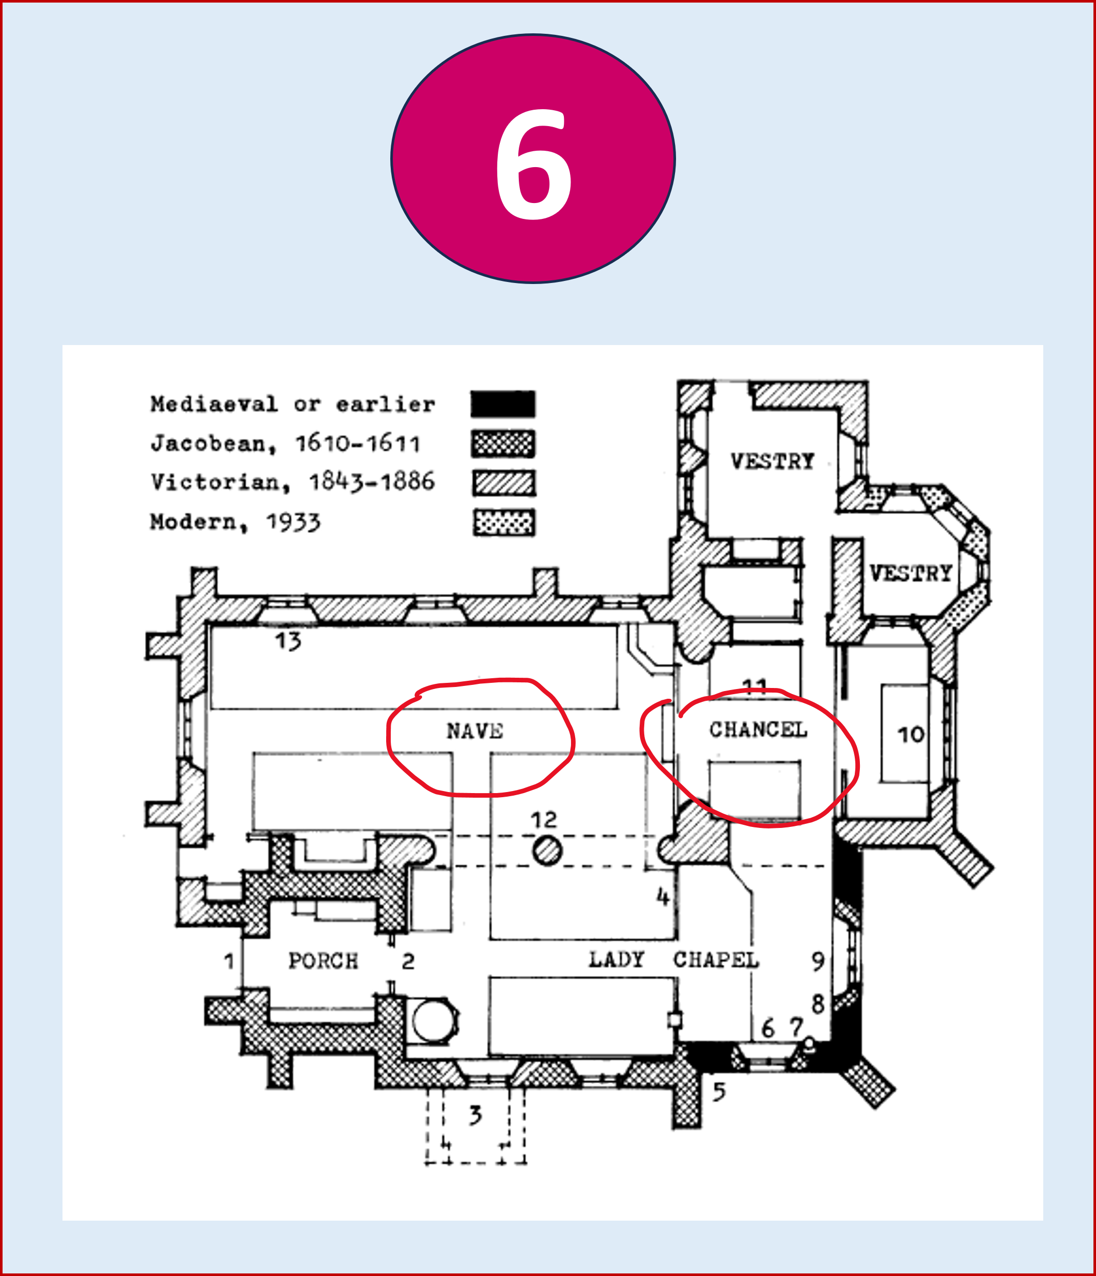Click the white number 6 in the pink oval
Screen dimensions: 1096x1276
pos(534,165)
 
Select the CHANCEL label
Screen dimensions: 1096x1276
pos(758,730)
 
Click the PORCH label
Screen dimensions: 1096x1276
pos(323,961)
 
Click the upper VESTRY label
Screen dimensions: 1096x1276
pos(772,461)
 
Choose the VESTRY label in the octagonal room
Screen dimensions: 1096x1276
pos(911,573)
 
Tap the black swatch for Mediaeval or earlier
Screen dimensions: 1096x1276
pos(503,404)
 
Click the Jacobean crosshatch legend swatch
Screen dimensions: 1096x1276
pos(503,443)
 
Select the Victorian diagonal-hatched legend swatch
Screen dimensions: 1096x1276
pos(504,483)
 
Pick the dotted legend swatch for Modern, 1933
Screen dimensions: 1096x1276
pos(504,522)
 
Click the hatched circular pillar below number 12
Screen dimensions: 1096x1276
pos(546,852)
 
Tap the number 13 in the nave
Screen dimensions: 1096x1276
pos(288,642)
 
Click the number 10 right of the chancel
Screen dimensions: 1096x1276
pos(911,734)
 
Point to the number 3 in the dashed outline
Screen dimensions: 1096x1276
pos(475,1115)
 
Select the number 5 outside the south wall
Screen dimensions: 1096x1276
pos(719,1092)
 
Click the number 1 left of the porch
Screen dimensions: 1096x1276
pos(229,961)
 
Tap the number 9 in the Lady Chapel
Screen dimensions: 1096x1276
pos(818,961)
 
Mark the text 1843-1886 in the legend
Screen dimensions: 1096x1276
pos(372,481)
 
